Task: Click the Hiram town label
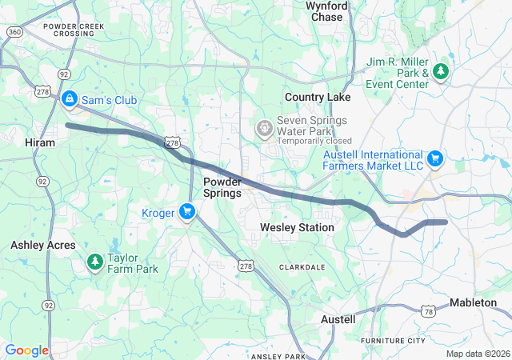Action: click(x=40, y=142)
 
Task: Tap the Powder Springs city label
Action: click(x=222, y=187)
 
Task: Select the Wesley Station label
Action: click(x=297, y=228)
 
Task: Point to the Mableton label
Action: click(x=478, y=302)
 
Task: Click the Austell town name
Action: click(x=338, y=319)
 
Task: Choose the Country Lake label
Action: click(x=318, y=97)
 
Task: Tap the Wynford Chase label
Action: click(x=326, y=11)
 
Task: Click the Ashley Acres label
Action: click(x=42, y=246)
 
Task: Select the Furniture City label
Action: click(x=393, y=341)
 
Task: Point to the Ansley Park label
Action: click(x=278, y=355)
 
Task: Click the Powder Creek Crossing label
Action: click(x=74, y=30)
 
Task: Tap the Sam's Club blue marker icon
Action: click(x=70, y=99)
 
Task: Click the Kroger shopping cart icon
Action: click(x=186, y=211)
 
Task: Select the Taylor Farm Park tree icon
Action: click(x=95, y=261)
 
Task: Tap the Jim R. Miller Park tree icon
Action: click(x=440, y=71)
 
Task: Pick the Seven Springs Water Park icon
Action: click(x=263, y=128)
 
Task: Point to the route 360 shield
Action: click(x=14, y=30)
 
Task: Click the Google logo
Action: click(x=26, y=350)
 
